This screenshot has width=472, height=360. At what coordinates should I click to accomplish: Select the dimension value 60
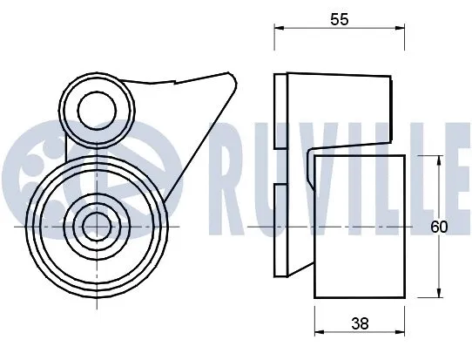pos(439,227)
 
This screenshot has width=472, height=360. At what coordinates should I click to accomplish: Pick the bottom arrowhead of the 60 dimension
pos(438,293)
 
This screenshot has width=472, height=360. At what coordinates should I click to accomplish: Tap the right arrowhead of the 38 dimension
pos(400,333)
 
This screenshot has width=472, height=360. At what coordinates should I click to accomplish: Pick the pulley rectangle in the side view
pos(359,227)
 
